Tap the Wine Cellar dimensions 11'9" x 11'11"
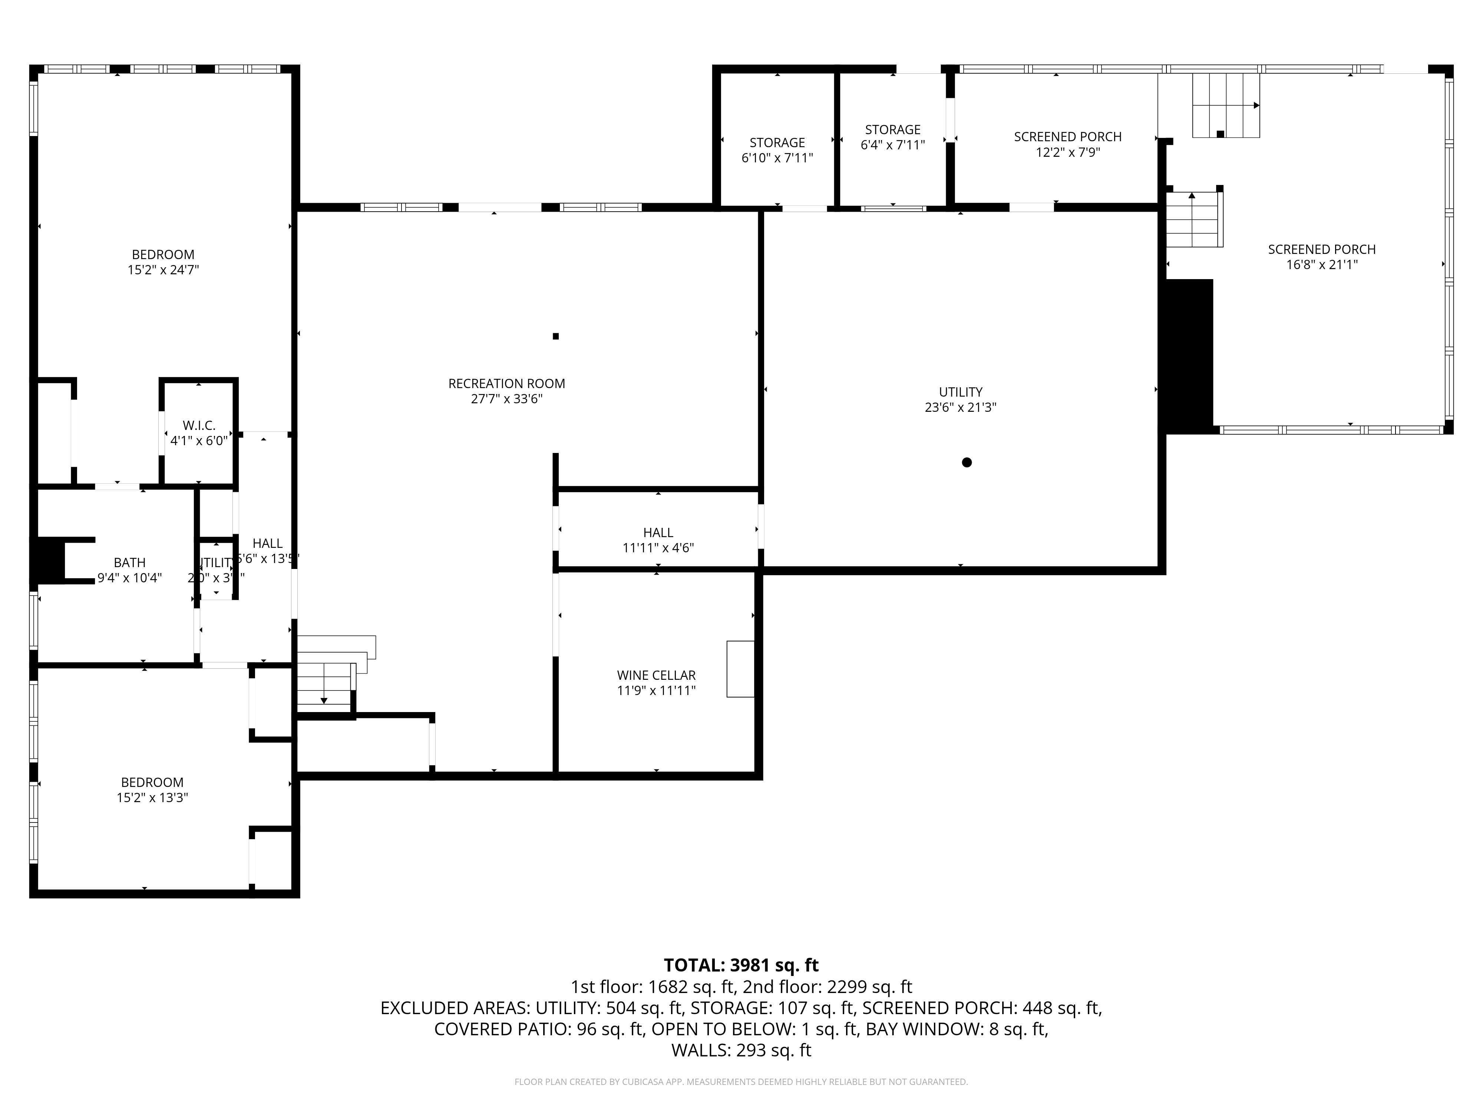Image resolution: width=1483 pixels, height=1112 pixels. coord(656,691)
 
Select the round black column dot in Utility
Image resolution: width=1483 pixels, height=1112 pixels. coord(966,463)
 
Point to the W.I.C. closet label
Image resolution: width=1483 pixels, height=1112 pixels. coord(199,426)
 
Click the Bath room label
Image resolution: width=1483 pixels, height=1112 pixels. coord(129,562)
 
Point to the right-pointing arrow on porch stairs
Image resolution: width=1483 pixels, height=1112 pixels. coord(1256,105)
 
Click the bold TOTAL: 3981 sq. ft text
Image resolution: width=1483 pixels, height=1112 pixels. coord(741,965)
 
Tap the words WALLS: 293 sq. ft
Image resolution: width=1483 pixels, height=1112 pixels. coord(741,1050)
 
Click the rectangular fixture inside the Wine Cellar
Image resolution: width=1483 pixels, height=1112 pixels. coord(740,669)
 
